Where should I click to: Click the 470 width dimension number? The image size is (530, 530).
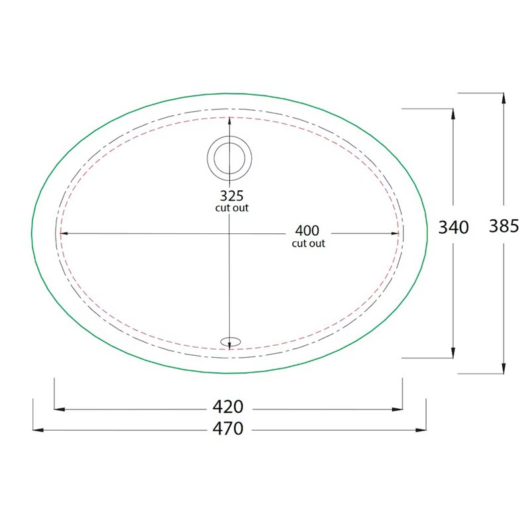pyautogui.click(x=228, y=429)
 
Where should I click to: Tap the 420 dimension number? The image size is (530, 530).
pyautogui.click(x=228, y=407)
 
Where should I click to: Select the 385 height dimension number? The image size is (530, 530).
pyautogui.click(x=503, y=226)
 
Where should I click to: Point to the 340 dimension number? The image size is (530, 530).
pyautogui.click(x=453, y=227)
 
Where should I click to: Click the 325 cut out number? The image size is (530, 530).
pyautogui.click(x=231, y=195)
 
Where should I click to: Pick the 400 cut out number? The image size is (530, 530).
pyautogui.click(x=307, y=231)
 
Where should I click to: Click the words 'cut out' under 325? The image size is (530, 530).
pyautogui.click(x=232, y=208)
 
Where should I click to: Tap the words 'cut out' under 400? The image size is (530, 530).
pyautogui.click(x=308, y=243)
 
